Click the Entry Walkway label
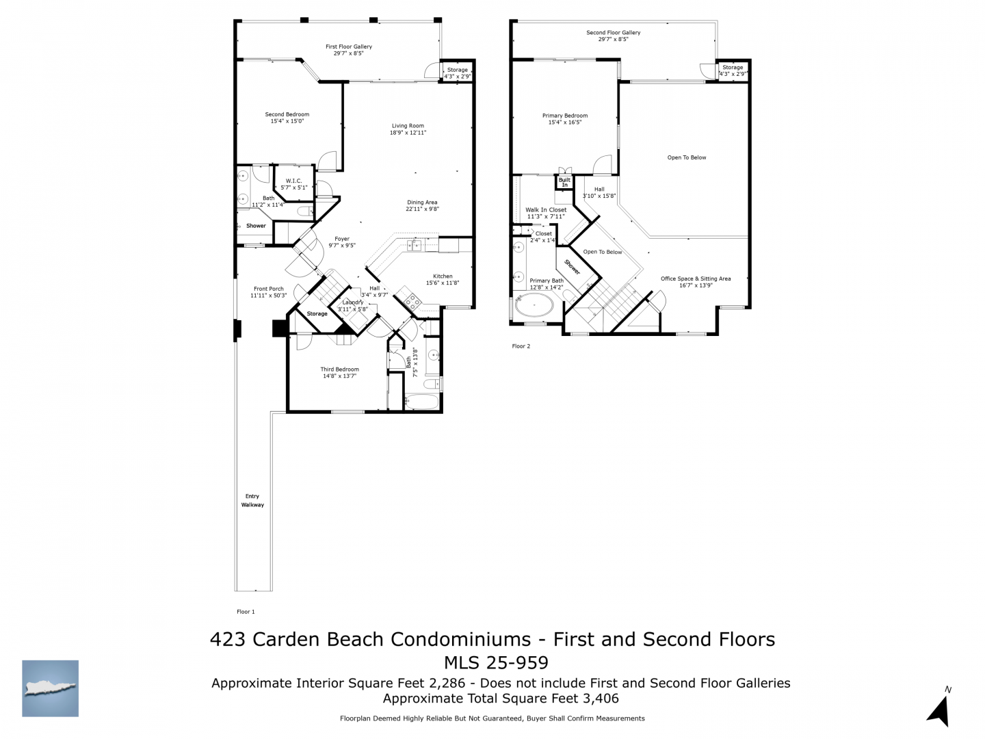pos(252,500)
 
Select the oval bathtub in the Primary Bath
pos(534,305)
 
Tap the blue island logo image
pos(50,688)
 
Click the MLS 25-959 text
pos(496,662)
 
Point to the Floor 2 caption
pos(521,346)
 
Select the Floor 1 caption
pos(246,612)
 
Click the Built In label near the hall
pos(564,182)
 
